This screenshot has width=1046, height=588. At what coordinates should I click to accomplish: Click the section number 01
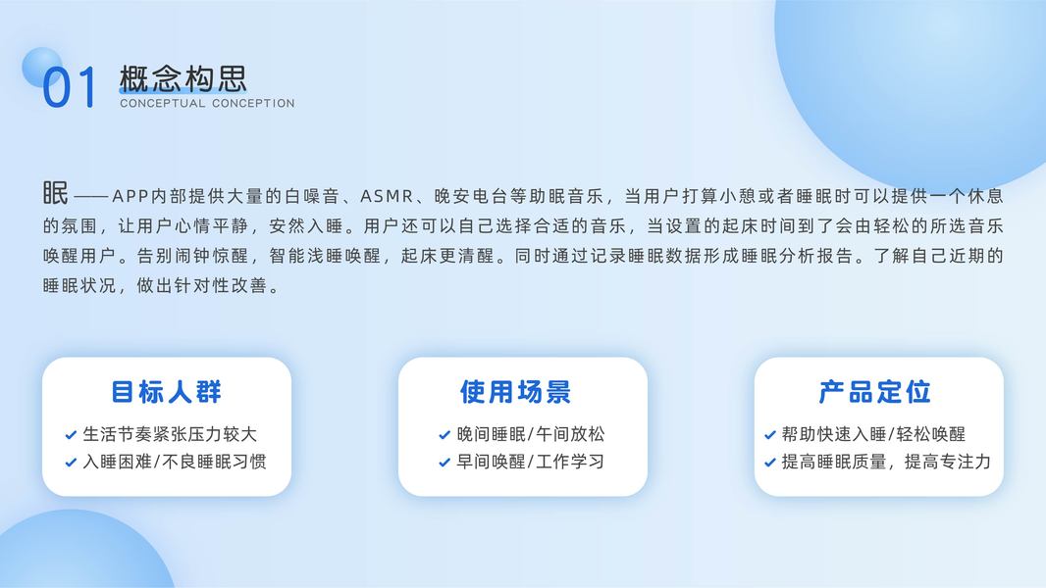click(70, 86)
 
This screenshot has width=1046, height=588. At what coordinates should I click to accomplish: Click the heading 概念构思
click(183, 78)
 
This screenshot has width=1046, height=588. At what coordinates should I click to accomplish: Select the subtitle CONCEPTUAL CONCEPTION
click(207, 103)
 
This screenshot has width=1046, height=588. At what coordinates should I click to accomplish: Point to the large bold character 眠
click(55, 193)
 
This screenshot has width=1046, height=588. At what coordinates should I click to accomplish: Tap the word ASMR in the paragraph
click(387, 196)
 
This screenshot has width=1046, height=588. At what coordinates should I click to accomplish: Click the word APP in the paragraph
click(131, 196)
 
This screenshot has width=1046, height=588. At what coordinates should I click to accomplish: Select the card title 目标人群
click(166, 392)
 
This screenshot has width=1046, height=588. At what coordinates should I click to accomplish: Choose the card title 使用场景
click(516, 392)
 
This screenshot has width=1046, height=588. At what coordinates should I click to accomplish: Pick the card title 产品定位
click(874, 392)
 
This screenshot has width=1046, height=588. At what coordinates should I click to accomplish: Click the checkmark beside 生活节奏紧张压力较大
click(71, 435)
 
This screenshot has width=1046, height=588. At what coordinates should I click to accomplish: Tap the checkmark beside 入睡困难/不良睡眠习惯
click(71, 463)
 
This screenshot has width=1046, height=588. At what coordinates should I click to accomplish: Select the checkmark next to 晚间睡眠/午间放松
click(445, 435)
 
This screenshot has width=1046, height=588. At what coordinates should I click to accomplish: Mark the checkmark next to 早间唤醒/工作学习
click(445, 463)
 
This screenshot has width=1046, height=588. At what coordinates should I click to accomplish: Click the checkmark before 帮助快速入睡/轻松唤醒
click(770, 435)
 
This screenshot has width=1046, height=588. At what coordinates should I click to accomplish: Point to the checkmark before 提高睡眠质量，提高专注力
click(770, 463)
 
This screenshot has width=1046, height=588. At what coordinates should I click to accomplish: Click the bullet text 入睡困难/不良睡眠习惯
click(175, 462)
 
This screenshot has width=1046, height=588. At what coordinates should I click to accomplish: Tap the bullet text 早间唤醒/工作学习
click(530, 462)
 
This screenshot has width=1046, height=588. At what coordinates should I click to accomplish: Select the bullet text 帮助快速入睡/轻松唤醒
click(873, 434)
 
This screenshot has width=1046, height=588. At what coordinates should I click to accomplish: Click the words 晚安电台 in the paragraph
click(471, 196)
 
